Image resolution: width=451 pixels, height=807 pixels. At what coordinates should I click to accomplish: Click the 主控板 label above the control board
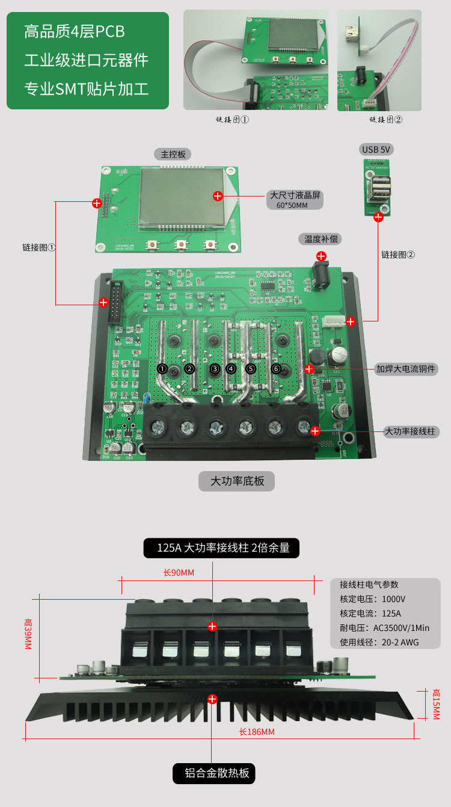[x=173, y=154]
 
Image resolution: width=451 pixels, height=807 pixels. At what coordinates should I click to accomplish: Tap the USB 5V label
[x=378, y=149]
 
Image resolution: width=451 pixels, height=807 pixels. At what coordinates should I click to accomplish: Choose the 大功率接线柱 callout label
[x=409, y=431]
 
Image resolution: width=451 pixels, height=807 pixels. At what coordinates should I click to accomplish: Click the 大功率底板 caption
[x=237, y=481]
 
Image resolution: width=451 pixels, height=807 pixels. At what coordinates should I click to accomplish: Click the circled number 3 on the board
[x=215, y=368]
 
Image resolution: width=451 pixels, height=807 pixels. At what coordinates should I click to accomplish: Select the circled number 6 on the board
[x=276, y=368]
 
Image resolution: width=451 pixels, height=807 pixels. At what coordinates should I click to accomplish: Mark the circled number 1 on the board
[x=162, y=368]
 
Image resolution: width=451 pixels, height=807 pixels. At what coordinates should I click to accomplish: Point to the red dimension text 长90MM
[x=179, y=573]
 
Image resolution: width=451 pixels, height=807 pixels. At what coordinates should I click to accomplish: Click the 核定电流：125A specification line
[x=370, y=614]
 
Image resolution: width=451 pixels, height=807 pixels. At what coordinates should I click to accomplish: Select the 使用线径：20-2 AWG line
[x=379, y=642]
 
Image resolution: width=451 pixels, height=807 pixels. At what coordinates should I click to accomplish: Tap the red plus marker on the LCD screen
[x=218, y=196]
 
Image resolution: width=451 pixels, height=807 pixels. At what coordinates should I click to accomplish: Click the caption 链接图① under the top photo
[x=232, y=120]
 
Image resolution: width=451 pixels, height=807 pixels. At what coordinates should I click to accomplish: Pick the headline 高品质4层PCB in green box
[x=75, y=31]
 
